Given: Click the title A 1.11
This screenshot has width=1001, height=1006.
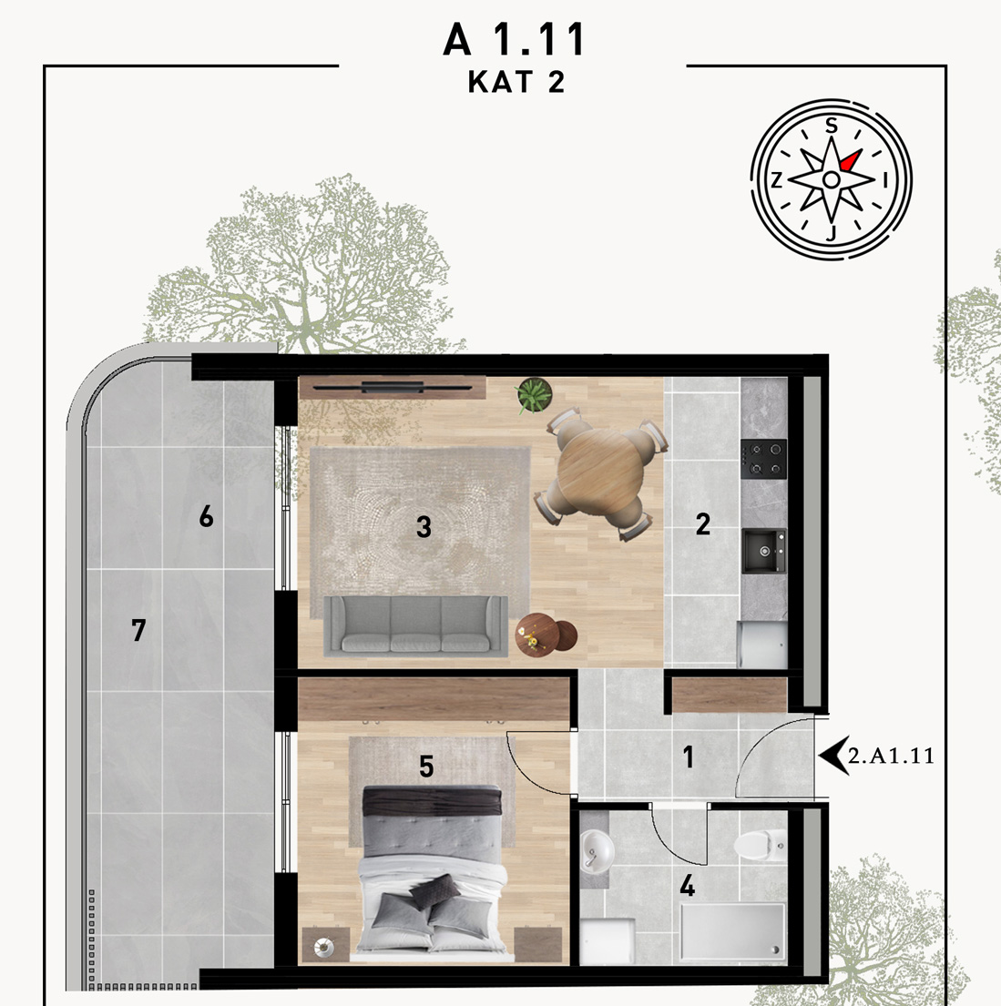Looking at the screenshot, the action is pos(514,39).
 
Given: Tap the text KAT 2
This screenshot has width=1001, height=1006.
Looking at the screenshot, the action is pos(516,82).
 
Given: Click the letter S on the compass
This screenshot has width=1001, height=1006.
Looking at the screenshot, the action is pos(832,126).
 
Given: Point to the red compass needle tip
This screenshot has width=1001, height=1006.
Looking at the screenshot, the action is pos(858,153).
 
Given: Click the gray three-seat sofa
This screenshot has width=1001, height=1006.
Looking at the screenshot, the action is pos(415,625).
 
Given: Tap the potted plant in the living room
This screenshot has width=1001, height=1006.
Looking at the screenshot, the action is pos(535,394).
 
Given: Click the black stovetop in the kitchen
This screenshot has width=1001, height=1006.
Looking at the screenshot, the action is pos(763,459).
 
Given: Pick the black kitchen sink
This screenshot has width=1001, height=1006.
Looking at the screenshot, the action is pos(764,551).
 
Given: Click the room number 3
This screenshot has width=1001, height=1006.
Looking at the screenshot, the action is pos(424,527).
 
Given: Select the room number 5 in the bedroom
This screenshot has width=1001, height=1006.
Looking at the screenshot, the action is pos(426,766).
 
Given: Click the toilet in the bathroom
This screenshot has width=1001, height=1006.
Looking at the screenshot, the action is pos(761,844).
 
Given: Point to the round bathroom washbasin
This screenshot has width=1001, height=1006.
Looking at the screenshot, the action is pos(597,851).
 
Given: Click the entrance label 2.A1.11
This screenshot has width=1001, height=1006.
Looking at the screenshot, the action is pos(891,756).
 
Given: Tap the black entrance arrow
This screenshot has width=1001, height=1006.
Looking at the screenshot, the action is pos(832,756).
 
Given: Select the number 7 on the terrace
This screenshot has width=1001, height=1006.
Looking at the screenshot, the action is pos(138,630).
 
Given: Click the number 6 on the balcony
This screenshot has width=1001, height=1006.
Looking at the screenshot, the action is pos(206,516).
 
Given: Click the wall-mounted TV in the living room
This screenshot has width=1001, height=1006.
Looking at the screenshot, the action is pos(393,387).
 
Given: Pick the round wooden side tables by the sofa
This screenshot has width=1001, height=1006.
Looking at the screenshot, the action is pos(546,635).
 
